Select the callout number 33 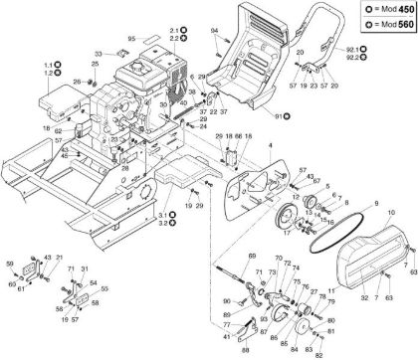click(98, 52)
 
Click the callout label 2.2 click(172, 38)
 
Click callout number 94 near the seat click(215, 32)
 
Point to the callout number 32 click(335, 296)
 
